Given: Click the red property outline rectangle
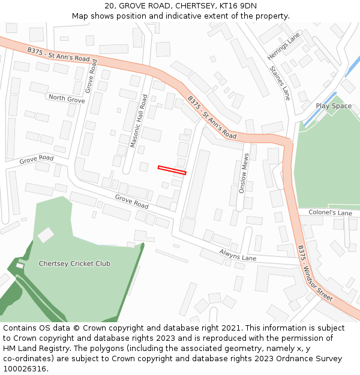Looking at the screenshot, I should (172, 170).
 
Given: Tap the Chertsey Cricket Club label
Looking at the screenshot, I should (74, 263).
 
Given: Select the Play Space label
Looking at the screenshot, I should (334, 106).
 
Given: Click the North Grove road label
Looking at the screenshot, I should (67, 98).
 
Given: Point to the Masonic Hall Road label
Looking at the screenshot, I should (139, 121).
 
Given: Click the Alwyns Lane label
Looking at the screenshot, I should (238, 255).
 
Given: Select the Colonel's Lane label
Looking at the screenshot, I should (330, 213).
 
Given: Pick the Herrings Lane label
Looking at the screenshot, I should (283, 46).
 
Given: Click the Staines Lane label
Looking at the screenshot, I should (280, 83).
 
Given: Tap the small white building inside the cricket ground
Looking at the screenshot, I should (46, 235).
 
